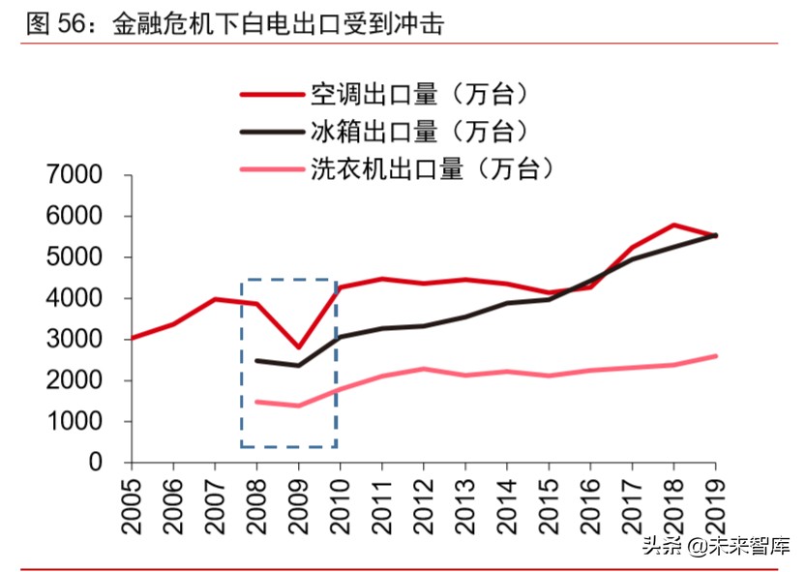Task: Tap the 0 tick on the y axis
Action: (95, 463)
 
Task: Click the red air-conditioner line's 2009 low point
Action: (298, 347)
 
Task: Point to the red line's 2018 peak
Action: (674, 225)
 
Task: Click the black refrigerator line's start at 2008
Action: (256, 360)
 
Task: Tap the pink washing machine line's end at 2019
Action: (716, 356)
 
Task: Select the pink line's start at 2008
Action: (256, 402)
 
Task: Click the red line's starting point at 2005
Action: (132, 339)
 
